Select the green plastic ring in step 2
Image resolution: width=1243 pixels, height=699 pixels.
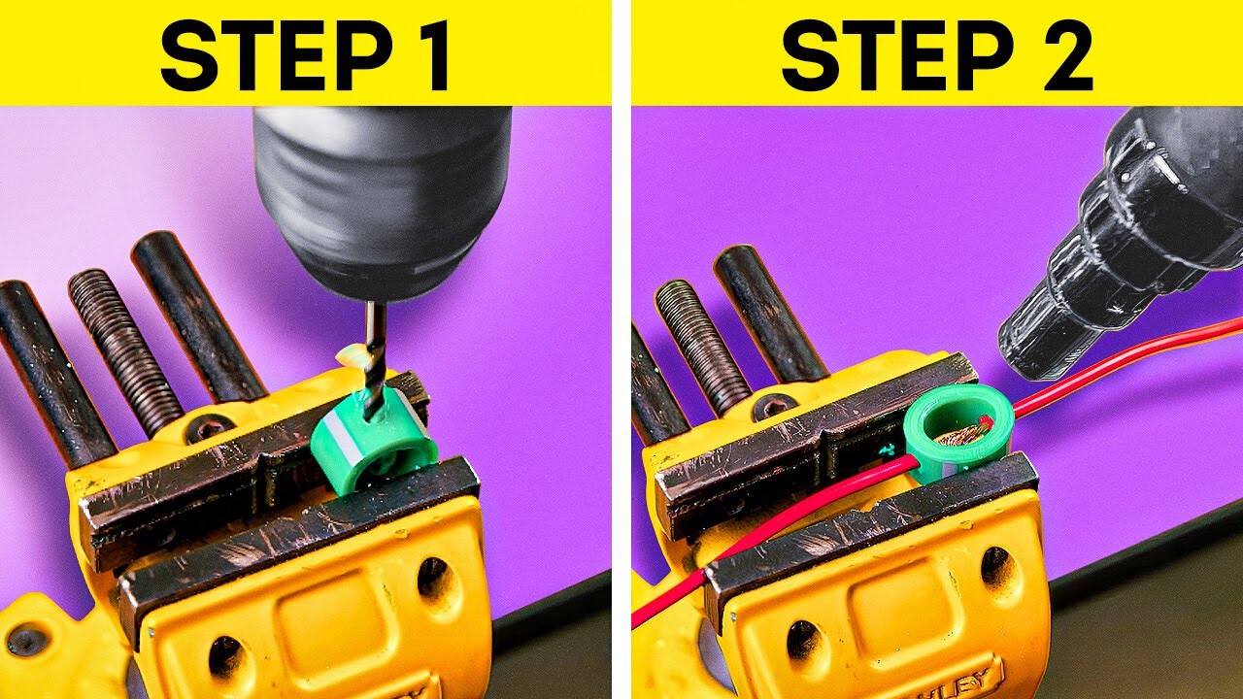(957, 428)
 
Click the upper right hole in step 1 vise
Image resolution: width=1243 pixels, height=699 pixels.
(433, 577)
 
